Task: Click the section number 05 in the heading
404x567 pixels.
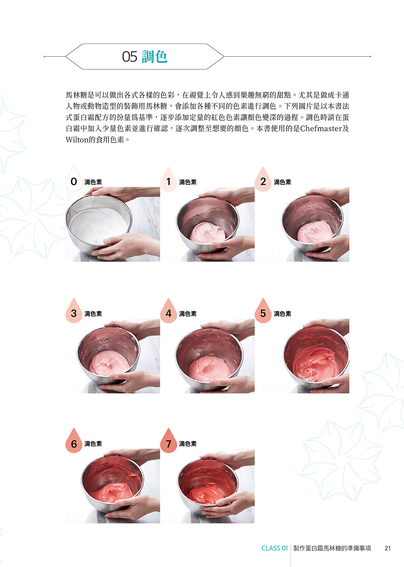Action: (130, 56)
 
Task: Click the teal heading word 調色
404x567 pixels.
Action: (155, 56)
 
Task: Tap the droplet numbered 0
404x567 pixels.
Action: (74, 179)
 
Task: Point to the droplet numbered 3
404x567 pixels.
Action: (74, 311)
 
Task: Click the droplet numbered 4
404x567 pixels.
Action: (168, 311)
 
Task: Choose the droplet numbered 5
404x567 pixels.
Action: (263, 311)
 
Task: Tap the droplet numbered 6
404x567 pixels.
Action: (74, 441)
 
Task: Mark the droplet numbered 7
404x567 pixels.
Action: (168, 441)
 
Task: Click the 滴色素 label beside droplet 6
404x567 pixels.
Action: (93, 444)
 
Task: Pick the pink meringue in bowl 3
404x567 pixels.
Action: (109, 362)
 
